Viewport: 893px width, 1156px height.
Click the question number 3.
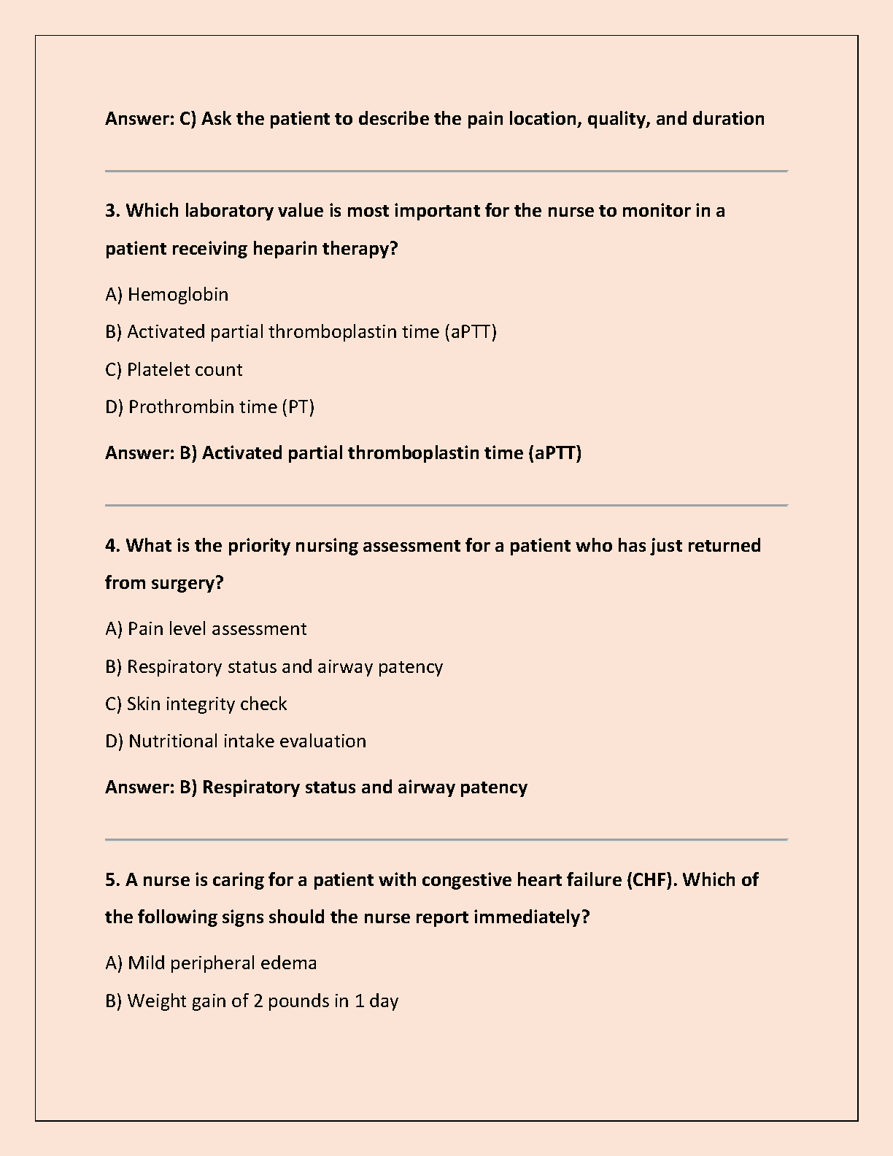tap(112, 211)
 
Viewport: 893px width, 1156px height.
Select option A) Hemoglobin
tap(167, 294)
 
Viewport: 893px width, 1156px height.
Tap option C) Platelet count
tap(174, 369)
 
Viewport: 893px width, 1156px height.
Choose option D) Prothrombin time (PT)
tap(209, 406)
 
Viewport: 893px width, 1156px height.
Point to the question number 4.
tap(112, 545)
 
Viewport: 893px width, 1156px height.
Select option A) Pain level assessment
tap(206, 628)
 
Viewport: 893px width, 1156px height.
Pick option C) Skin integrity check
tap(196, 704)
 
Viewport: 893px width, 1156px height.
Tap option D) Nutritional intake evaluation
tap(236, 741)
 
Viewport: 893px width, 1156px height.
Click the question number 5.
tap(112, 879)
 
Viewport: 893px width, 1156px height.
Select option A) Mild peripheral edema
tap(211, 963)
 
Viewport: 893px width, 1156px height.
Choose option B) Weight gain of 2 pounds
tap(252, 1001)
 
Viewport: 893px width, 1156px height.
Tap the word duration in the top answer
tap(728, 118)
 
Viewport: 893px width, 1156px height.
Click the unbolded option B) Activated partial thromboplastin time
tap(301, 331)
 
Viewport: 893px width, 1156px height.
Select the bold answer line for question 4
tap(316, 787)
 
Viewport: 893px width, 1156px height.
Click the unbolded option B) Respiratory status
tap(274, 666)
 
